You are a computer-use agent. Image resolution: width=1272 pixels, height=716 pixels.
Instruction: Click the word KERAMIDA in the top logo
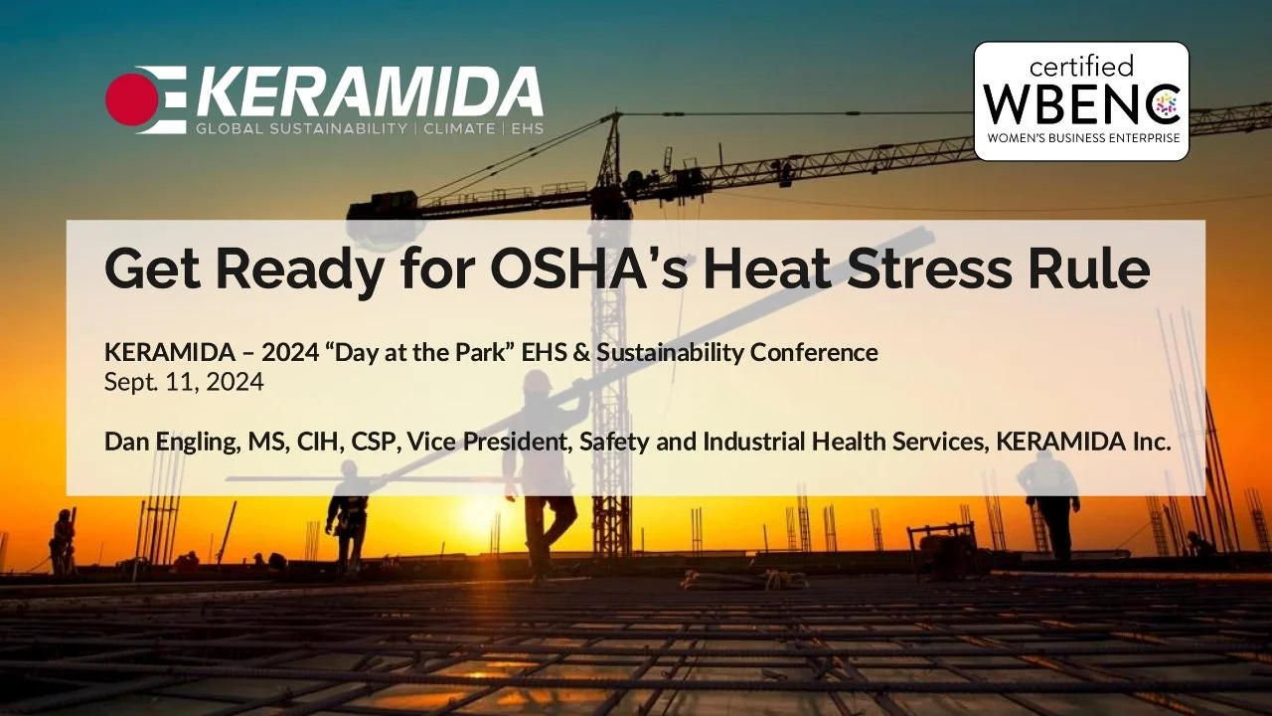(x=368, y=93)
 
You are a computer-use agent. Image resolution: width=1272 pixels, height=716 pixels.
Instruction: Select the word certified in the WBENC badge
(x=1081, y=67)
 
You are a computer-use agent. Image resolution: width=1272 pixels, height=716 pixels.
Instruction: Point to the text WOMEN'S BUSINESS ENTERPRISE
(x=1081, y=138)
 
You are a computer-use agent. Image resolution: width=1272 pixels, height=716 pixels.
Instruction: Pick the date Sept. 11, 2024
(x=184, y=382)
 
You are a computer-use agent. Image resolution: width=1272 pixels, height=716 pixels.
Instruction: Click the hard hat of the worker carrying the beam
(x=538, y=380)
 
